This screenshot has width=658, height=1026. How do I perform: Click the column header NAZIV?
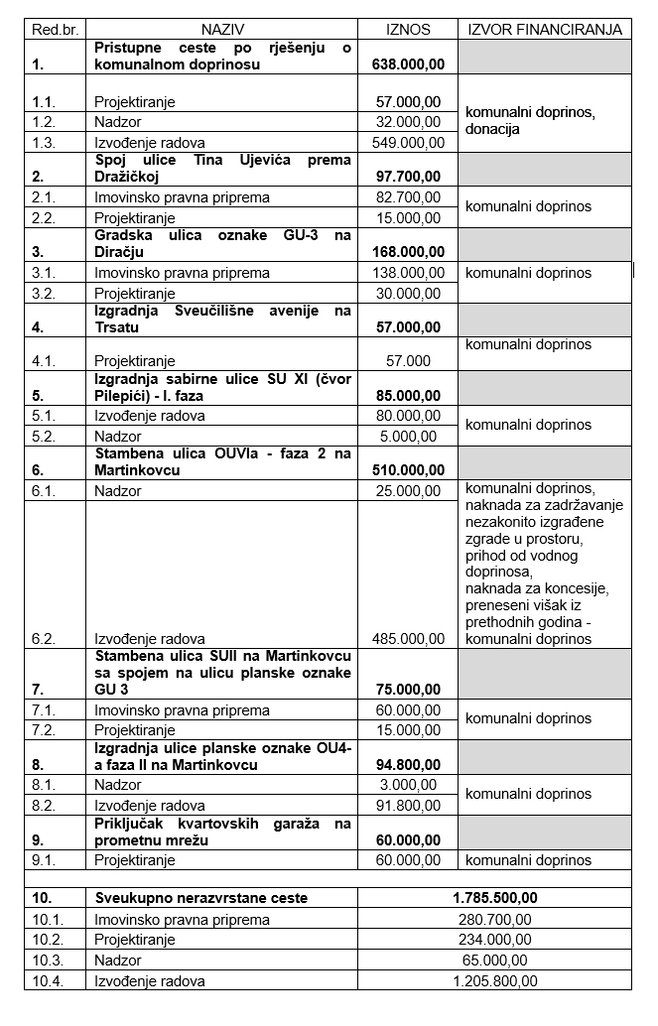(x=222, y=30)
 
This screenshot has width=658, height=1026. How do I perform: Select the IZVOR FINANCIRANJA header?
(x=545, y=30)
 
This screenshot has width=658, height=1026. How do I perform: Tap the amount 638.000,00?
(x=408, y=64)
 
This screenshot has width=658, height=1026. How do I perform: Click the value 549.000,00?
(x=409, y=142)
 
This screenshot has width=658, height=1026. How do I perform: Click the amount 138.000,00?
(x=409, y=273)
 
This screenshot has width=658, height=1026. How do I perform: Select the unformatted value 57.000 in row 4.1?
(x=410, y=361)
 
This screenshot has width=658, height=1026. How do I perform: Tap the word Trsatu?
(x=117, y=326)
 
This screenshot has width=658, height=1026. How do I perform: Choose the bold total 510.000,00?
(x=408, y=470)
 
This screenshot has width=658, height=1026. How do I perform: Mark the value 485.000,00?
(x=409, y=639)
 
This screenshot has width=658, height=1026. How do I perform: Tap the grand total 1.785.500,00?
(x=494, y=898)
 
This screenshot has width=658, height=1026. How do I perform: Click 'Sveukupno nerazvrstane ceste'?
(x=200, y=898)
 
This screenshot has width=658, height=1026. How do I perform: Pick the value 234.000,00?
(x=494, y=940)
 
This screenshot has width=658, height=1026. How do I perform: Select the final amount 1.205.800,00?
(x=494, y=981)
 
